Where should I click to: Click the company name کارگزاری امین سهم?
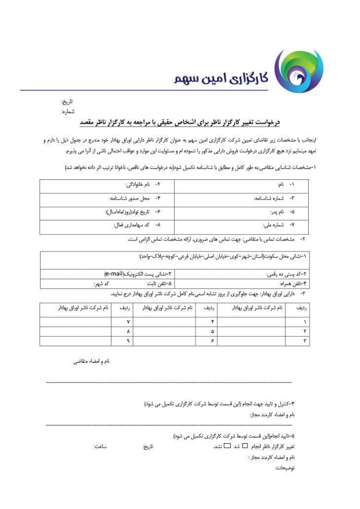220,77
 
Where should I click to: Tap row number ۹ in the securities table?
128,340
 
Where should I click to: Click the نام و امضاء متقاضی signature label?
91,362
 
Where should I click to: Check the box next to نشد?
227,447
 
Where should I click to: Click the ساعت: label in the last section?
101,447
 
